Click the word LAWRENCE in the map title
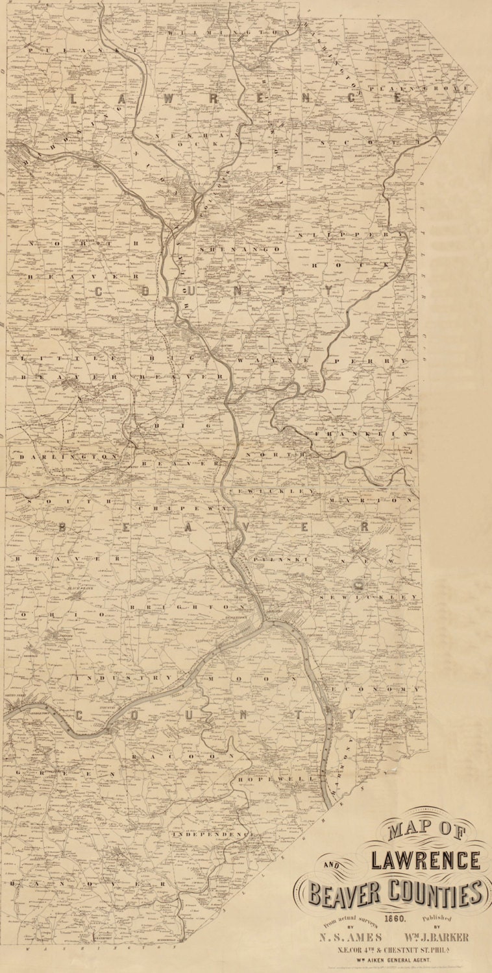[426, 860]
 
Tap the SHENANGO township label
[240, 249]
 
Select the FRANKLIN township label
[363, 433]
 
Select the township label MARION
[371, 501]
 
